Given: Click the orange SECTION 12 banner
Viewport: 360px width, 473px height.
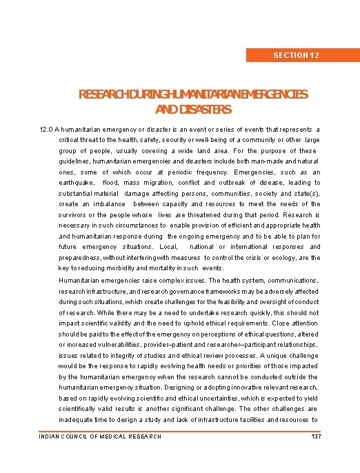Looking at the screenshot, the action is point(295,54).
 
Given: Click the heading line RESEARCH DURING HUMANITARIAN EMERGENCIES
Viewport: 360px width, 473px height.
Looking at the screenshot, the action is point(194,94).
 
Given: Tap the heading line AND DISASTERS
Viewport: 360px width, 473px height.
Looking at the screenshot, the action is point(193,110).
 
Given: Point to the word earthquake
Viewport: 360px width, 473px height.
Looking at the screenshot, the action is point(77,183).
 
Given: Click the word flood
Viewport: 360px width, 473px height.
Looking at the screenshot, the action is point(110,183).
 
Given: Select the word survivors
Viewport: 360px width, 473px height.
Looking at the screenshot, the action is point(75,214).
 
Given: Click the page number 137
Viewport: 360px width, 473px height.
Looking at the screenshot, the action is point(317,436).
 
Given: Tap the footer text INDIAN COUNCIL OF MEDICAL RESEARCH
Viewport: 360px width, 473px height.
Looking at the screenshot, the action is point(100,436).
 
